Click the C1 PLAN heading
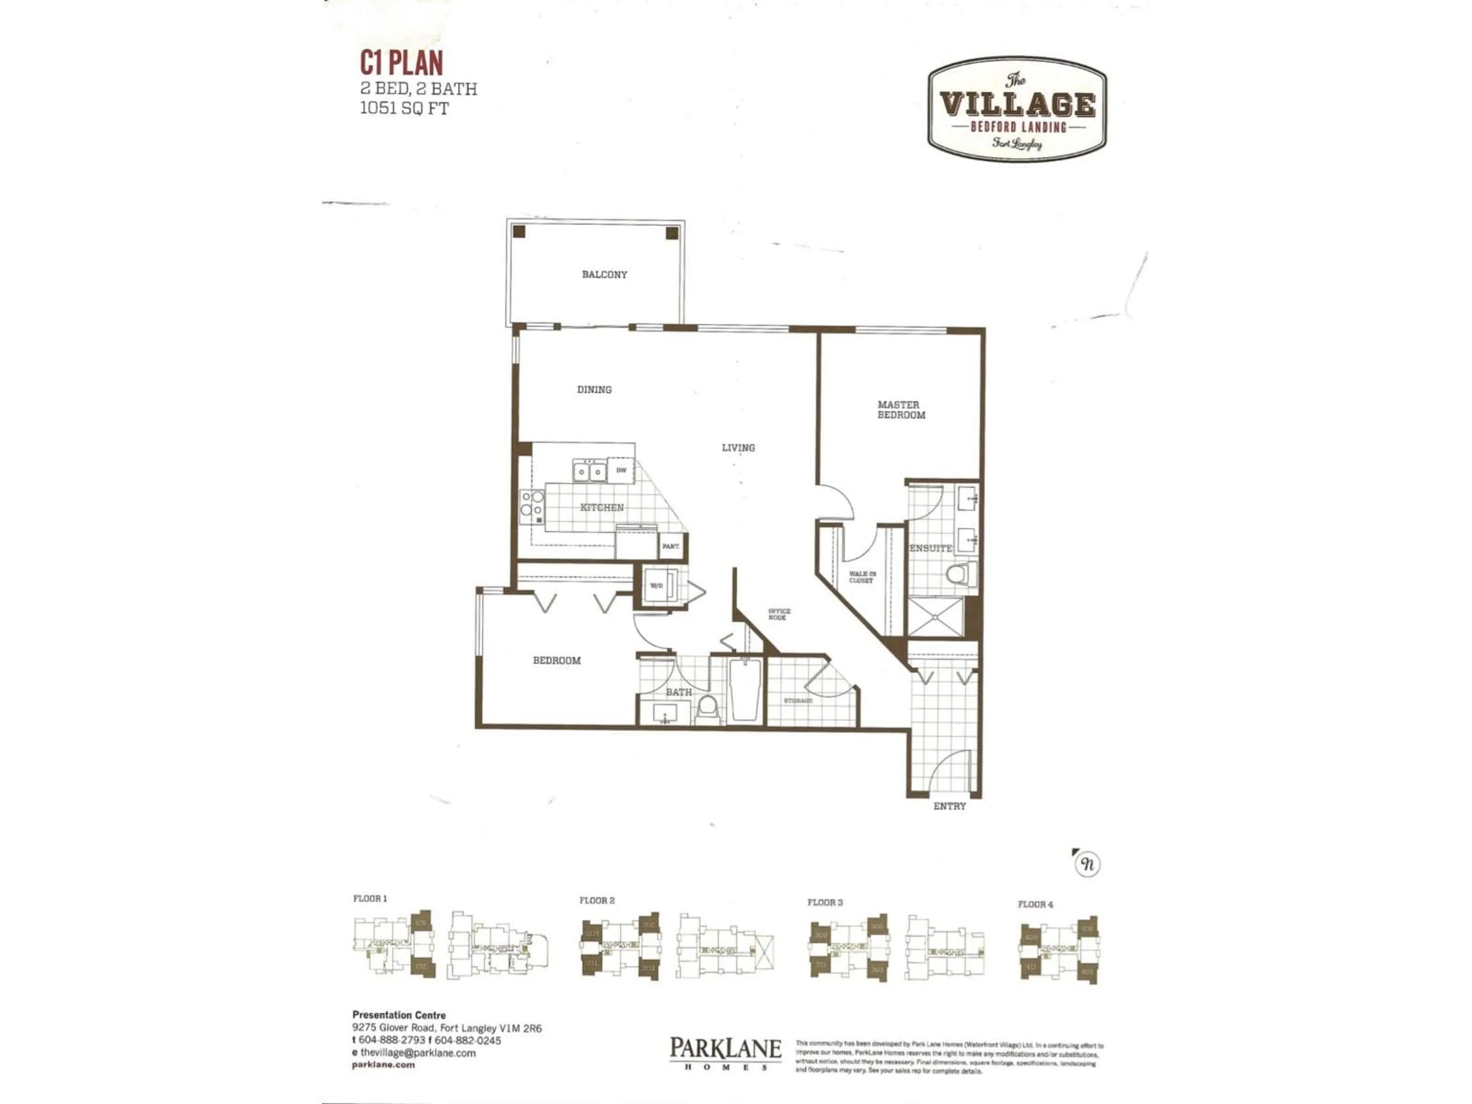pyautogui.click(x=401, y=63)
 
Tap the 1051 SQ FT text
pyautogui.click(x=404, y=108)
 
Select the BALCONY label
pyautogui.click(x=604, y=274)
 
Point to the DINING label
pyautogui.click(x=594, y=389)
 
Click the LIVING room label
pyautogui.click(x=738, y=448)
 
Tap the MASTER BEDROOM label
pyautogui.click(x=900, y=409)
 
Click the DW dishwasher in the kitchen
pyautogui.click(x=621, y=470)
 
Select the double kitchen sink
pyautogui.click(x=590, y=472)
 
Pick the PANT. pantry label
pyautogui.click(x=670, y=546)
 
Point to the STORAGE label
pyautogui.click(x=798, y=701)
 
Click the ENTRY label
pyautogui.click(x=949, y=806)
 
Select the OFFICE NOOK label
pyautogui.click(x=779, y=614)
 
